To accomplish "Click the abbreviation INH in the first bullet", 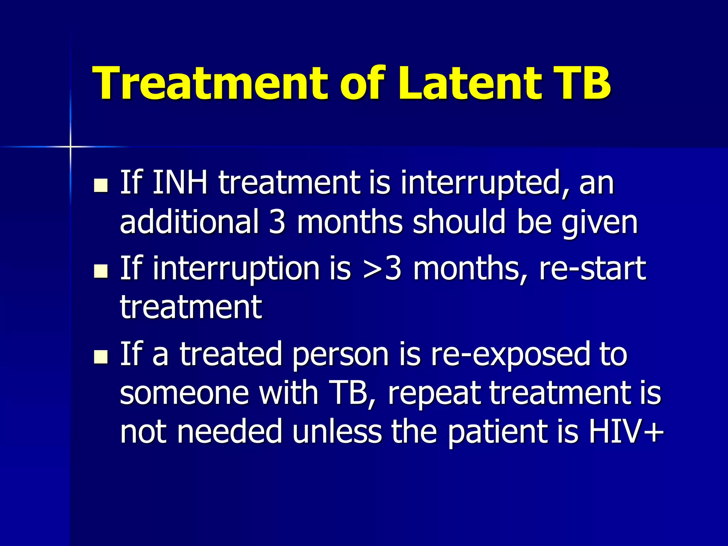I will click(x=180, y=183).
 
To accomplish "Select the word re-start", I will click(x=592, y=269).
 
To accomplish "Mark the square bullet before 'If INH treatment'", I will click(x=101, y=185).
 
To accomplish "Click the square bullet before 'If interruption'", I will click(x=101, y=271).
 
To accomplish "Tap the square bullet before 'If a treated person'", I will click(x=101, y=357).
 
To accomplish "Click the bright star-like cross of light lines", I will click(x=70, y=146).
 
